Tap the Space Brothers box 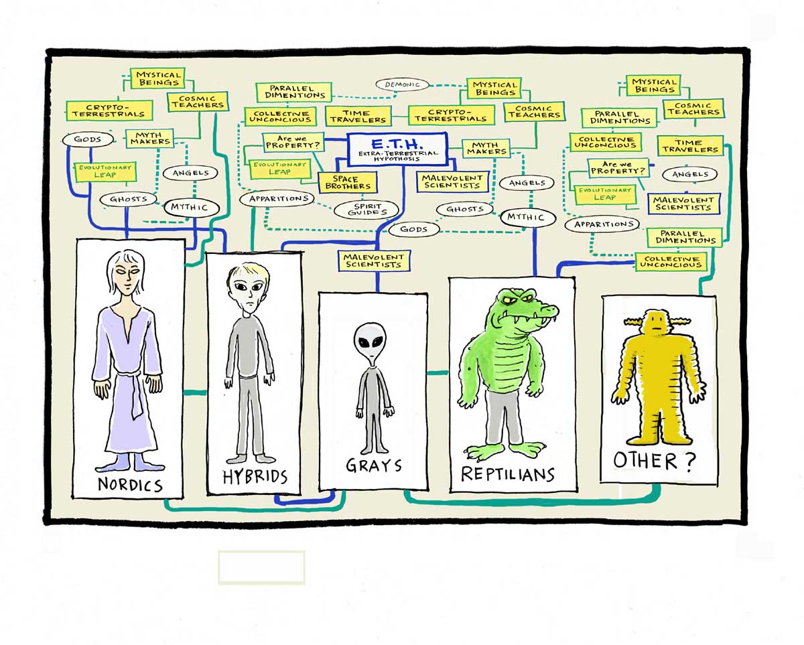point(348,182)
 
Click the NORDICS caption point(131,484)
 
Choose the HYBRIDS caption point(255,477)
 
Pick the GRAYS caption point(373,465)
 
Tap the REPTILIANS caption point(508,474)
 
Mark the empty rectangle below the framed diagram point(261,567)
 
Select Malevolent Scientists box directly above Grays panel point(373,261)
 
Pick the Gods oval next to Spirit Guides point(413,229)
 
